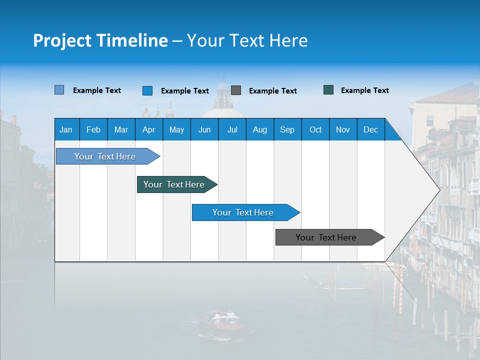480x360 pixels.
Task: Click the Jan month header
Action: [66, 129]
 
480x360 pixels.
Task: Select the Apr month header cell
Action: [149, 129]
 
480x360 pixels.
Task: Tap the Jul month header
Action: [232, 129]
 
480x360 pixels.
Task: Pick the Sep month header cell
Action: [287, 129]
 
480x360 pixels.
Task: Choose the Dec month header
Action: [370, 129]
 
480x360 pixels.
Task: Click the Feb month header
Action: [93, 129]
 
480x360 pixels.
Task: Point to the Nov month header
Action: [343, 129]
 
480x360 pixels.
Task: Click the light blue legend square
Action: [59, 90]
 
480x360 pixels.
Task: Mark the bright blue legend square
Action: [147, 90]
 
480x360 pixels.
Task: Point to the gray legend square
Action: [236, 90]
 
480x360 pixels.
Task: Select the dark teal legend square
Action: [328, 90]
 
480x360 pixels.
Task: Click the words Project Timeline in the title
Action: [100, 40]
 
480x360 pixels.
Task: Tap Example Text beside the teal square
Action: [364, 90]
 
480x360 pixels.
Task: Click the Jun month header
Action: [204, 129]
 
